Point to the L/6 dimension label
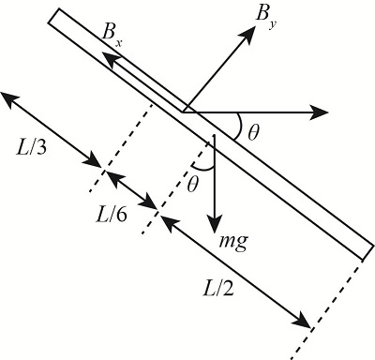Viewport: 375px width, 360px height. (x=112, y=214)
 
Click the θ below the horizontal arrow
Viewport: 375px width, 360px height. (x=253, y=133)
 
